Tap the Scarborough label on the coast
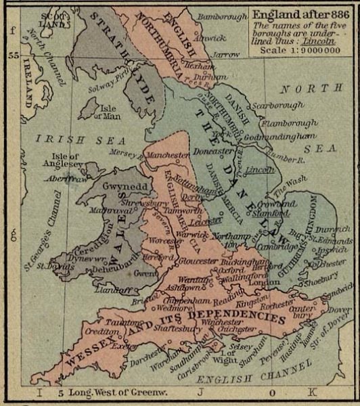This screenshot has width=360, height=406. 275,107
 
